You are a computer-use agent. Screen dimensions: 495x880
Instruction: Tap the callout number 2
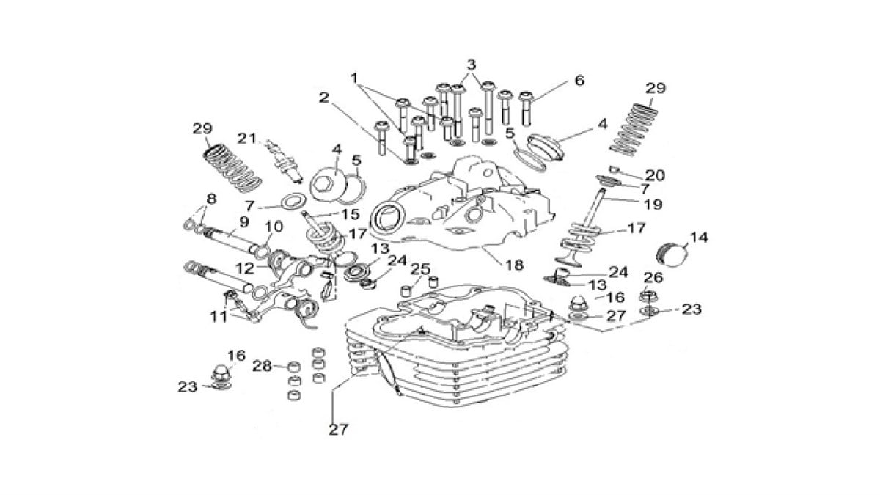(323, 97)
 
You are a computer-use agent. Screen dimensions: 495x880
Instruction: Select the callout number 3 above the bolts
(472, 64)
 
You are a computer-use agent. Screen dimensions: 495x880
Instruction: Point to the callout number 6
(579, 81)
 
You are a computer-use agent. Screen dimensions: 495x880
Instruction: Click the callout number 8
(211, 198)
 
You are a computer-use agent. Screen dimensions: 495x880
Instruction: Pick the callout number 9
(243, 221)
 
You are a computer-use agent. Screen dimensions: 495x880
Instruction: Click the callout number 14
(700, 238)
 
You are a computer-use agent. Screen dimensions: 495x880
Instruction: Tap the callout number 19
(652, 205)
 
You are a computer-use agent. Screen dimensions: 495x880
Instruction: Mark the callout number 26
(653, 277)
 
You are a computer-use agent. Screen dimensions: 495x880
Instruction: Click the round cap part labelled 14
(672, 257)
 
